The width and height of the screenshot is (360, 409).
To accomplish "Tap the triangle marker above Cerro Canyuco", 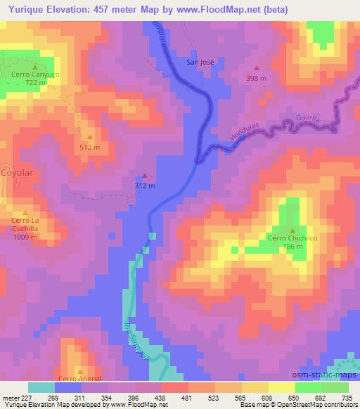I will pos(34,65).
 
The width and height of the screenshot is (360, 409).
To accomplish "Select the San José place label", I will pos(200,61).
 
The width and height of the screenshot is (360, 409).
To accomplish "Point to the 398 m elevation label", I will pos(256,78).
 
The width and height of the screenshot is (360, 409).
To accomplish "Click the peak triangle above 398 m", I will pos(256,69).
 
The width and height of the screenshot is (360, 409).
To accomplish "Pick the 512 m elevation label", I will pos(89,147).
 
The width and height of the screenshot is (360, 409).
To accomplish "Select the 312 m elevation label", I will pos(145,186).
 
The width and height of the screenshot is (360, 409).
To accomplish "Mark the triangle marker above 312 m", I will pos(145,176).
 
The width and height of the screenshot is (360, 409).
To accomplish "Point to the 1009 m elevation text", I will pos(25,238).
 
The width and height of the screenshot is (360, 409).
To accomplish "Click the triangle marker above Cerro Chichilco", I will pos(292,231).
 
